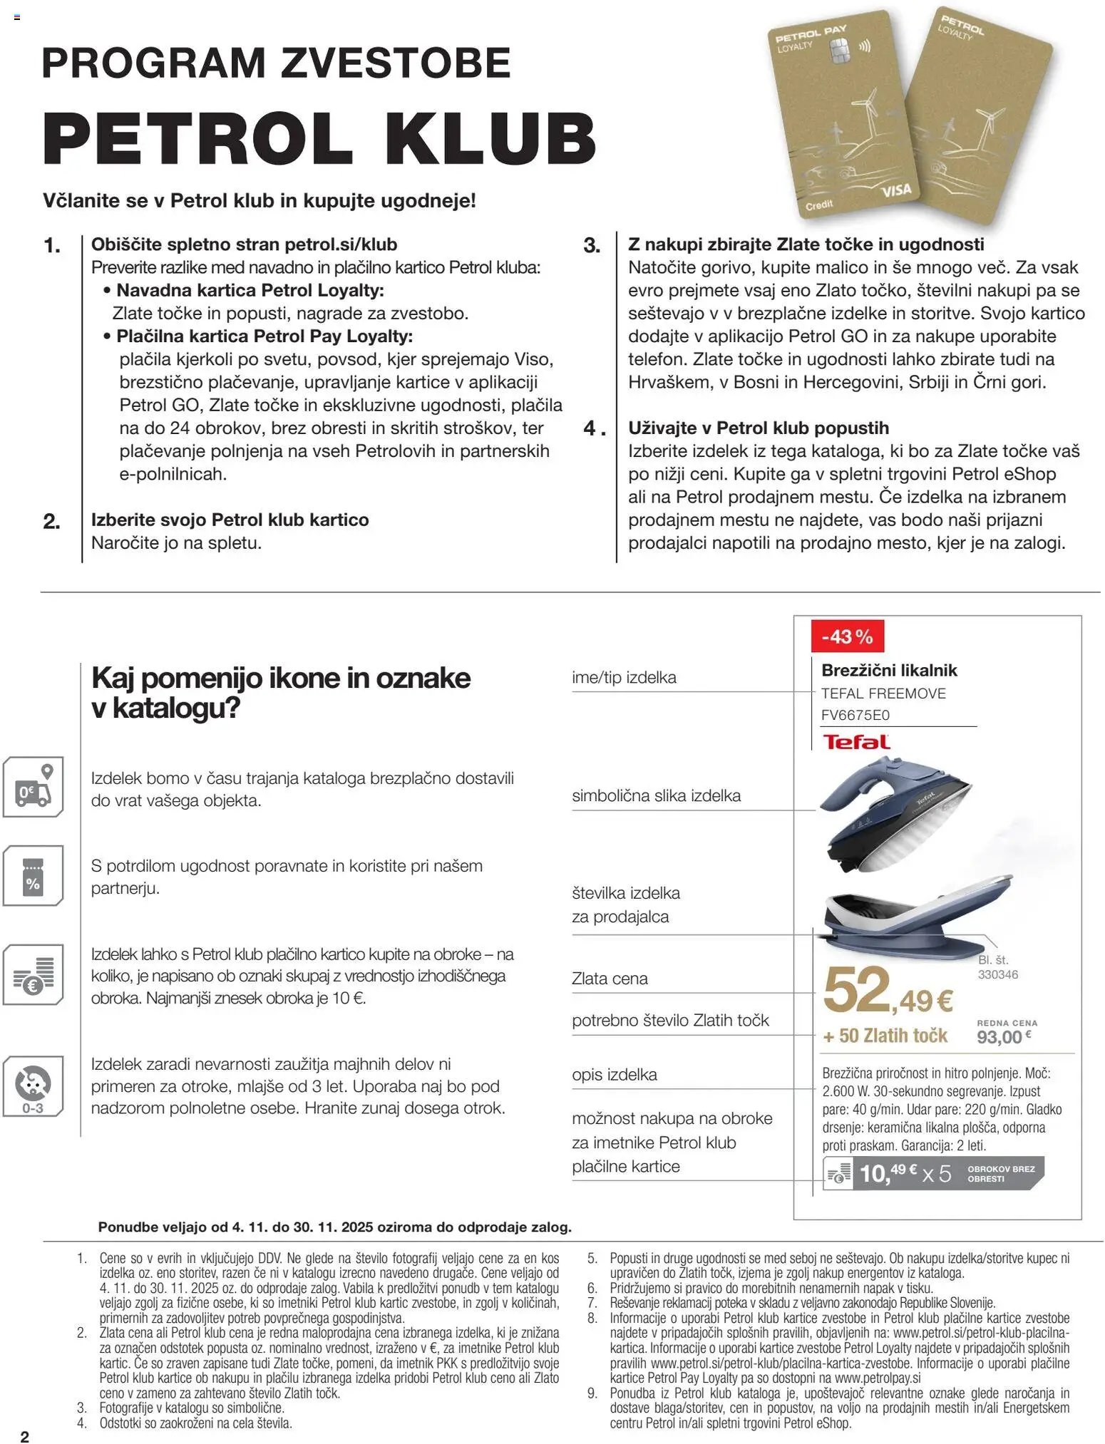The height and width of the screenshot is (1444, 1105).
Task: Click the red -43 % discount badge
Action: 847,636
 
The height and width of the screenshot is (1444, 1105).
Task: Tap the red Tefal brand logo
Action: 856,741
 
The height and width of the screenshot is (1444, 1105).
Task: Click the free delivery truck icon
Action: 34,788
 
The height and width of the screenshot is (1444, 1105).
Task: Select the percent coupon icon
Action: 33,875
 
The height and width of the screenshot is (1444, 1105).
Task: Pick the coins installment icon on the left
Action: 34,975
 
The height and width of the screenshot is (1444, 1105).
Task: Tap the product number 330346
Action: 997,974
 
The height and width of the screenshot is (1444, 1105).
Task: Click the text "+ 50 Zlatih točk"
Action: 885,1036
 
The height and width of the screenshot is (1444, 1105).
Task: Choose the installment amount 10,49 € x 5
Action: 905,1172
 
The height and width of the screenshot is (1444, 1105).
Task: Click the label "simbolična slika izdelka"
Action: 656,795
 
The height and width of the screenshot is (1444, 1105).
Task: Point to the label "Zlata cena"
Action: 610,979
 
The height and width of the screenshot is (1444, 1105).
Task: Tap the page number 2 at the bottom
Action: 25,1436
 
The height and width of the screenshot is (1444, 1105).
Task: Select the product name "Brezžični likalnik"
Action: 888,670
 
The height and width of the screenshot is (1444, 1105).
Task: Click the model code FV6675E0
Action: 856,715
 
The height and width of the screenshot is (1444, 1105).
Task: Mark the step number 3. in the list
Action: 592,246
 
